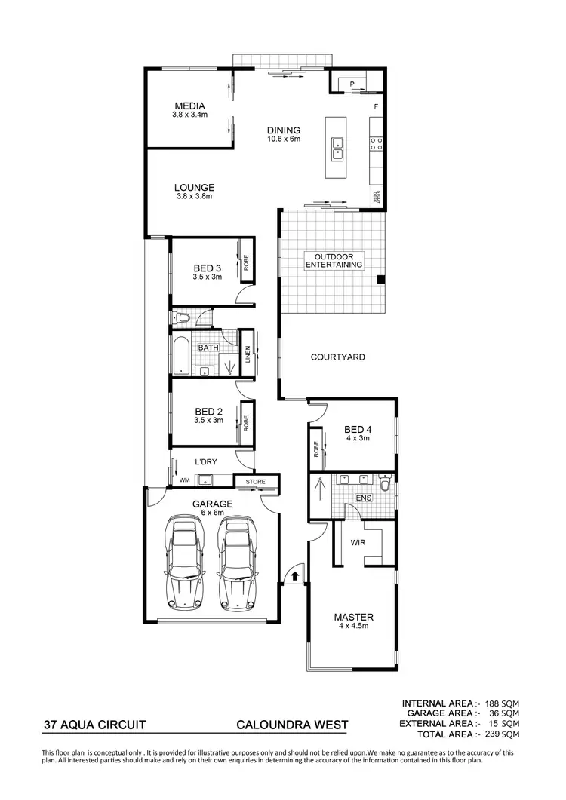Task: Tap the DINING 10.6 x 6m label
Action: coord(283,134)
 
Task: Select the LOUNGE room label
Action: coord(194,192)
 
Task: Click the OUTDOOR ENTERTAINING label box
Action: coord(334,261)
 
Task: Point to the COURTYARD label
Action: coord(338,357)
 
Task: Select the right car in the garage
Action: coord(235,562)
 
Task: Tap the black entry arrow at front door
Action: coord(294,575)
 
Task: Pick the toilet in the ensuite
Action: coord(385,484)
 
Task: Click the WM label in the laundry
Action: coord(184,480)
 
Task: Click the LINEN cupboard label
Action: coord(247,355)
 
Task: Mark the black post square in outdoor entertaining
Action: coord(381,280)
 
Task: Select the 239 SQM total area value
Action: coord(501,734)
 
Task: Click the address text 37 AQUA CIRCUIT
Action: coord(94,725)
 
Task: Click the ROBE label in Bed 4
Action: coord(315,449)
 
